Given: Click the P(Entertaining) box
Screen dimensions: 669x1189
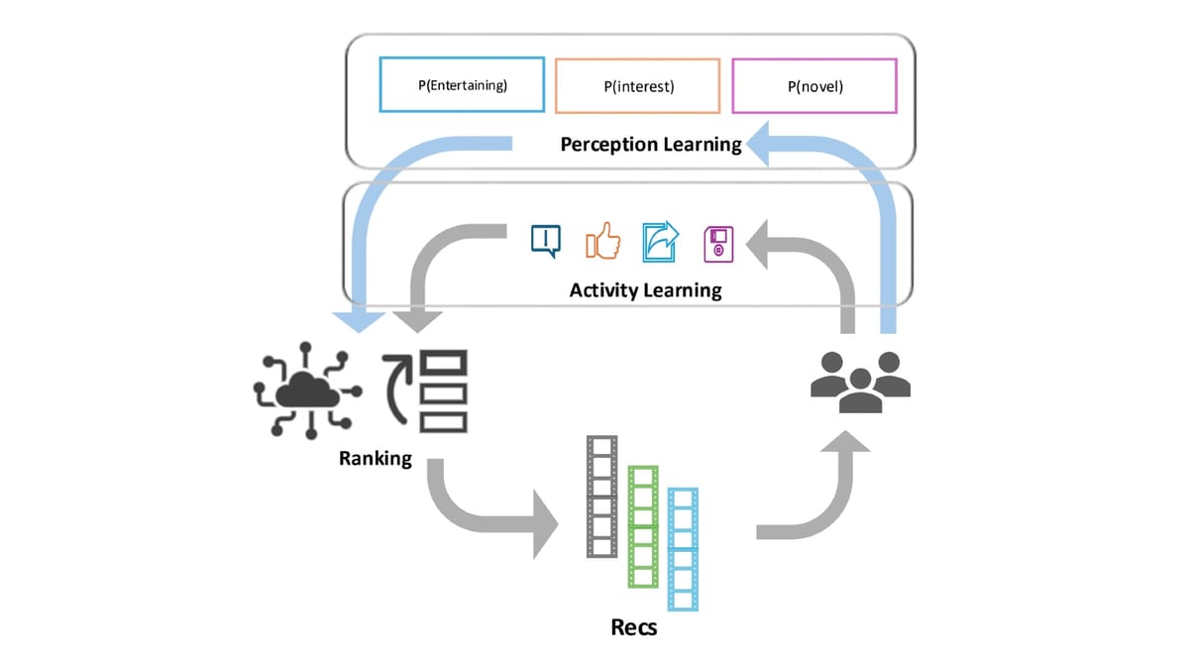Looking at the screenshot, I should pyautogui.click(x=462, y=85).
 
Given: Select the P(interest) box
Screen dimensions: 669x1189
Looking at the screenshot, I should pyautogui.click(x=638, y=86).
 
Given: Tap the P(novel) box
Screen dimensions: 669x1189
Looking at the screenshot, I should pyautogui.click(x=813, y=86).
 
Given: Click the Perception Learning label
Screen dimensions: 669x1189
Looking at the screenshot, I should pyautogui.click(x=650, y=145).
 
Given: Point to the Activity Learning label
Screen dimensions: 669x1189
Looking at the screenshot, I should pyautogui.click(x=645, y=290).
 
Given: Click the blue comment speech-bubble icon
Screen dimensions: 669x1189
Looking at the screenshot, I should pyautogui.click(x=546, y=241).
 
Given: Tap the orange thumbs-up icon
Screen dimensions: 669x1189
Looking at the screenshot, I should pyautogui.click(x=603, y=241).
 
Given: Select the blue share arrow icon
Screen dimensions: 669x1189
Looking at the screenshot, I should pyautogui.click(x=660, y=241).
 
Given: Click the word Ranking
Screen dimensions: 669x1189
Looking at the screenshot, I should pyautogui.click(x=376, y=459).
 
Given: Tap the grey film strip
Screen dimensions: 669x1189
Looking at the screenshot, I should pyautogui.click(x=601, y=496).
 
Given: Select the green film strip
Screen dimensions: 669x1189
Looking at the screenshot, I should pyautogui.click(x=643, y=526).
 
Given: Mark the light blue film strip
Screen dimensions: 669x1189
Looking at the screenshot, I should pyautogui.click(x=684, y=549).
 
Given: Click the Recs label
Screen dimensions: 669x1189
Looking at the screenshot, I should pyautogui.click(x=634, y=628).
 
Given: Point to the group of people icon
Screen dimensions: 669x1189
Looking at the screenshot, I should pyautogui.click(x=860, y=382).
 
